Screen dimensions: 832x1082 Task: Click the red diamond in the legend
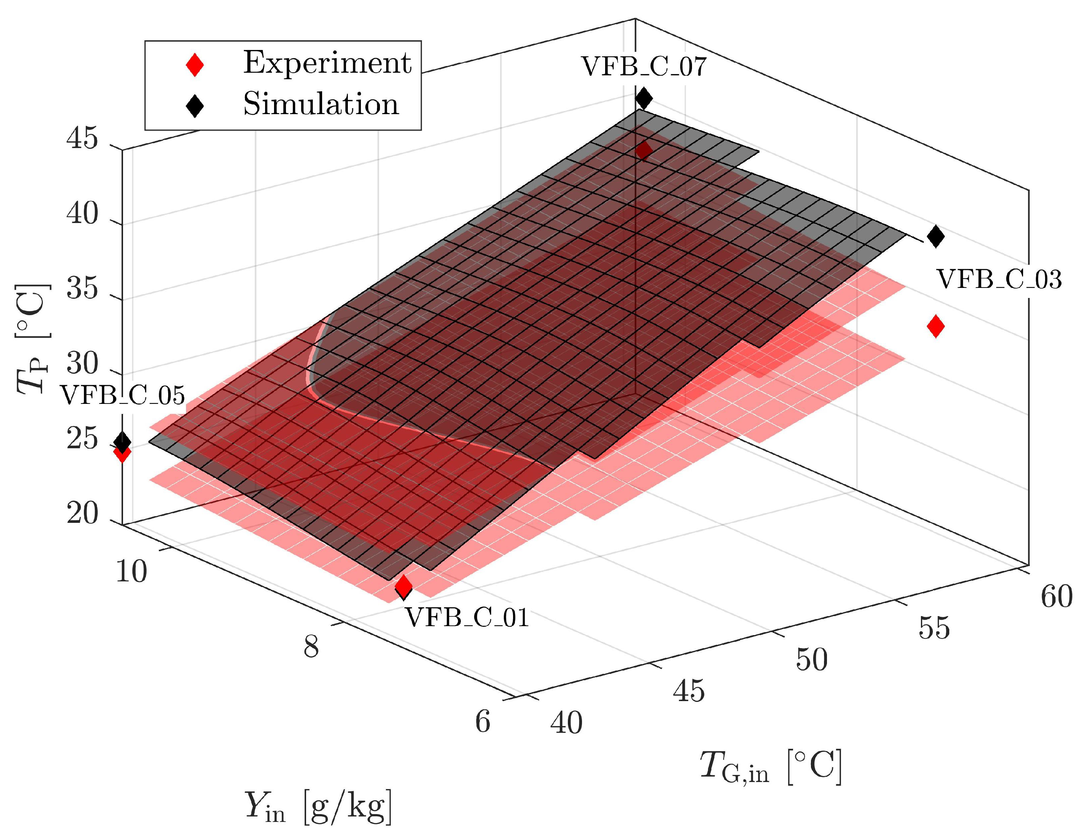[194, 65]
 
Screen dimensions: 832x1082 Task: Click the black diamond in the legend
[194, 106]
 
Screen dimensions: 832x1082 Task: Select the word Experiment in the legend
[327, 63]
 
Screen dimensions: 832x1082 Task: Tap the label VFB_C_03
[999, 280]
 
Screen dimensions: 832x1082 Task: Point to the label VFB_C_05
[122, 396]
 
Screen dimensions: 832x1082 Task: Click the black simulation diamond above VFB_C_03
[935, 236]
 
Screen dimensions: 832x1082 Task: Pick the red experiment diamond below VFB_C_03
[935, 326]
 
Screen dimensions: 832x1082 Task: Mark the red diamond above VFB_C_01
[403, 586]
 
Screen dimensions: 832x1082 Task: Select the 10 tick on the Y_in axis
[131, 572]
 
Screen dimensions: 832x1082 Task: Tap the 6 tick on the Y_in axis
[482, 722]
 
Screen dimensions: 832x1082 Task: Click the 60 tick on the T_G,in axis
[1056, 596]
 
